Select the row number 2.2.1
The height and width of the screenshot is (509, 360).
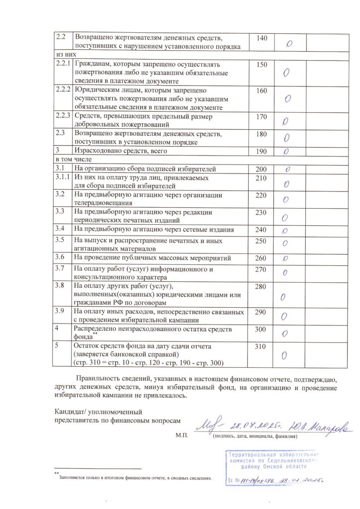[62, 65]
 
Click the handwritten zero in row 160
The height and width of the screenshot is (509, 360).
[288, 98]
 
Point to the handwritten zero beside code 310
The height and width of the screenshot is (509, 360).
[285, 355]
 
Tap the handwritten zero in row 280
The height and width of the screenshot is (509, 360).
[283, 297]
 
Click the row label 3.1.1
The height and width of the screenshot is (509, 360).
[62, 177]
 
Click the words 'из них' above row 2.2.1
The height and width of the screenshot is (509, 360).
[64, 55]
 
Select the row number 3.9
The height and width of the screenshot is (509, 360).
[60, 312]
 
